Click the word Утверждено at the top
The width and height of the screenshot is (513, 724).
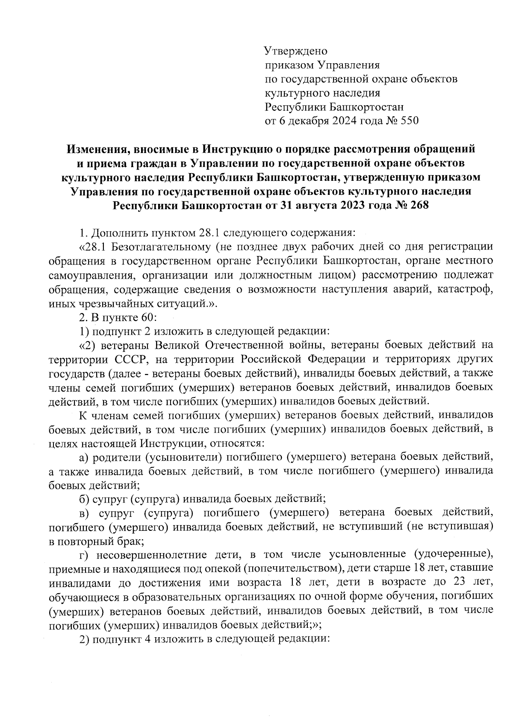(x=296, y=52)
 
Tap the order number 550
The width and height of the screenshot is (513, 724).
(x=409, y=121)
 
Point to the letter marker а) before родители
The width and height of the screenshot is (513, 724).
(x=84, y=457)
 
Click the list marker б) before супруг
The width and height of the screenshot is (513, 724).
(x=84, y=499)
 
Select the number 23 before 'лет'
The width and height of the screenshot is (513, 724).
(x=460, y=583)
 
